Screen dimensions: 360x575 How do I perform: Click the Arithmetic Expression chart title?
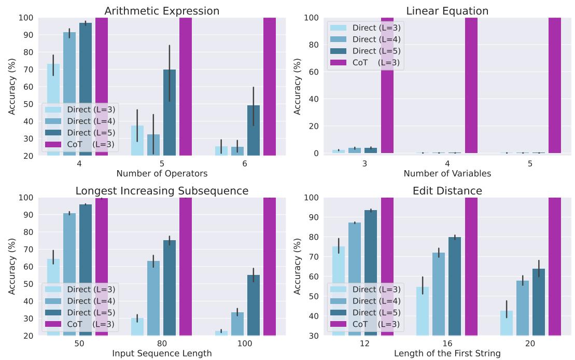tap(162, 11)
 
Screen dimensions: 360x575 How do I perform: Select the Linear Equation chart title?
tap(447, 11)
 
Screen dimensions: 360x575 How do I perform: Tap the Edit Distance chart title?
tap(447, 191)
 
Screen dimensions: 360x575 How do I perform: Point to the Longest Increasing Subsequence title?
tap(162, 191)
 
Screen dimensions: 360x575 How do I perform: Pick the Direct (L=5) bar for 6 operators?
tap(254, 130)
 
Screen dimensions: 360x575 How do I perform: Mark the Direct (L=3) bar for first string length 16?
tap(423, 311)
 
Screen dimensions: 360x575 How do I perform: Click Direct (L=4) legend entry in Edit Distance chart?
tap(364, 300)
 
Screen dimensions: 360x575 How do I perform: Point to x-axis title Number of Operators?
tap(162, 174)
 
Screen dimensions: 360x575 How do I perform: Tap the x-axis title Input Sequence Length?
tap(162, 354)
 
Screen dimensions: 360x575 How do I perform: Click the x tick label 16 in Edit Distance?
tap(447, 344)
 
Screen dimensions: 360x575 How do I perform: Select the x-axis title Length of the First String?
tap(447, 354)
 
